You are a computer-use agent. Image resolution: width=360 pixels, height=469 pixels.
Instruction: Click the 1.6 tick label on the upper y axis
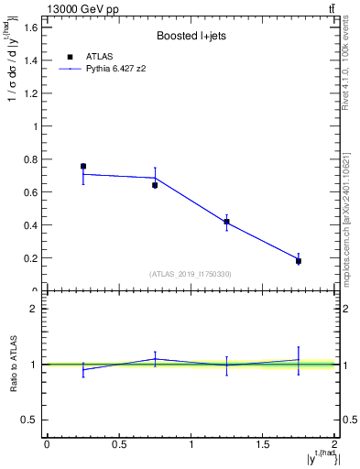tap(30, 27)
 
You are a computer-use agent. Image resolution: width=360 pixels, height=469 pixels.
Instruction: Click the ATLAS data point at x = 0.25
tap(83, 167)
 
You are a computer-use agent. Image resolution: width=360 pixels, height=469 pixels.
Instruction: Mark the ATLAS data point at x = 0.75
tap(155, 185)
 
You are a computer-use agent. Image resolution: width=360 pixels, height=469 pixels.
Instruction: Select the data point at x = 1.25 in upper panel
tap(226, 222)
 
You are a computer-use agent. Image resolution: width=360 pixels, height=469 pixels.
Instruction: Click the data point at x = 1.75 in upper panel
tap(299, 261)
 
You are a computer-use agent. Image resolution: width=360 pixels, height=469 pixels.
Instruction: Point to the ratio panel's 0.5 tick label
tap(30, 420)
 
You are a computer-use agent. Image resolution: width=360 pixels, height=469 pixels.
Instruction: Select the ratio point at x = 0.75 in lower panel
tap(155, 359)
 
